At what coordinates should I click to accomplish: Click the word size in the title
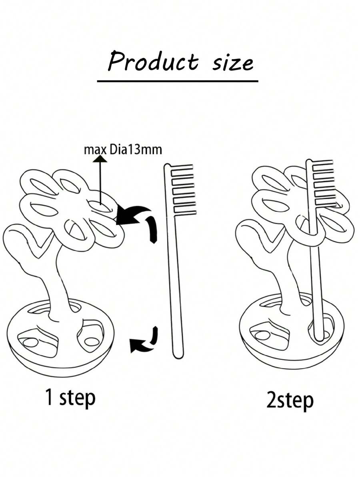[233, 63]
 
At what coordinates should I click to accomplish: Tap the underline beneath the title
[178, 81]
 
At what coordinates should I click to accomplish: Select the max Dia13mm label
[123, 150]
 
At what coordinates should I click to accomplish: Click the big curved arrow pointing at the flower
[138, 219]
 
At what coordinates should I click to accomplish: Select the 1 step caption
[70, 398]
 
